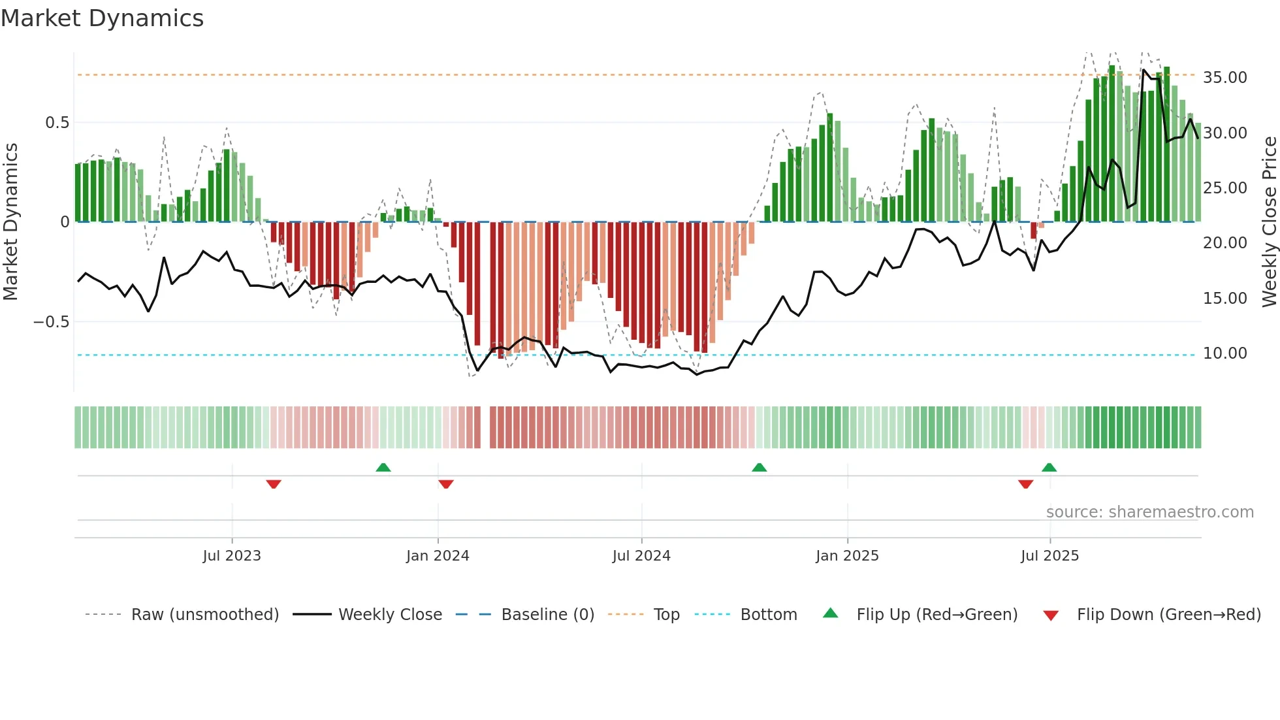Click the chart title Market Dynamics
[x=102, y=18]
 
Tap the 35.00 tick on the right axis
[x=1225, y=78]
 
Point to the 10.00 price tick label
[x=1225, y=353]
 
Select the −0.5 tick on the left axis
[x=51, y=322]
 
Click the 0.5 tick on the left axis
[x=57, y=123]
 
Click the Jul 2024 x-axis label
[x=641, y=556]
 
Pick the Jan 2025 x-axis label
[x=847, y=556]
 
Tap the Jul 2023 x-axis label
[x=232, y=556]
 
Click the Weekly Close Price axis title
[x=1269, y=221]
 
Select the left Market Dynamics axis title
[x=10, y=221]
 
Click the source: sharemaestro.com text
[x=1149, y=512]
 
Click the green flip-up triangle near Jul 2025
[x=1049, y=468]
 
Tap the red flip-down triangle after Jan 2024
[x=446, y=484]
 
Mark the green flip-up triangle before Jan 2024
[x=383, y=468]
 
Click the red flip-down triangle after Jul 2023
[x=274, y=484]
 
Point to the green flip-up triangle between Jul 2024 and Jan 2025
[x=759, y=468]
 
